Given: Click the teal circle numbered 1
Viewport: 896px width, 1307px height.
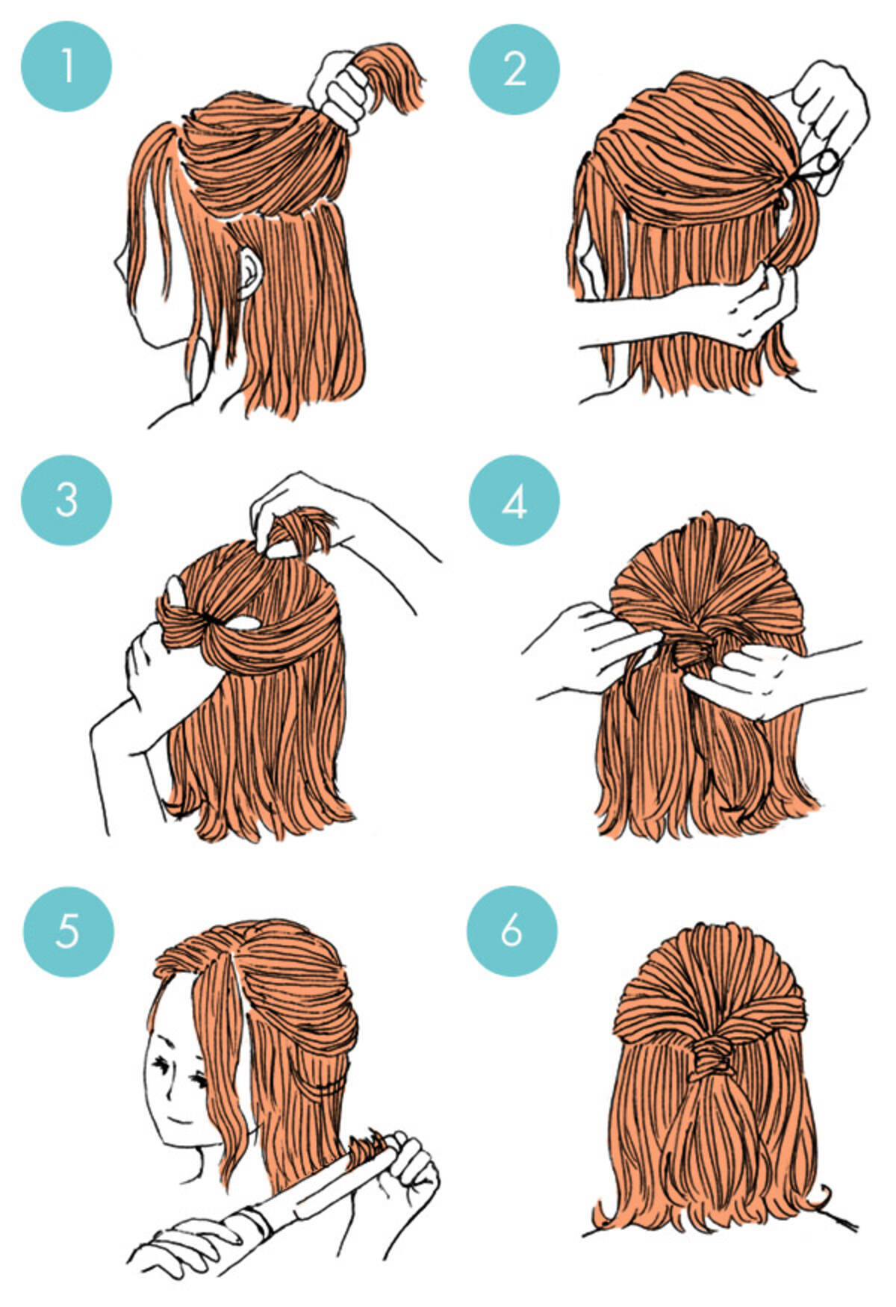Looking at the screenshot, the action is point(66,66).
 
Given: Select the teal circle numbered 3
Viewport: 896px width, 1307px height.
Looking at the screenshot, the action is point(66,500).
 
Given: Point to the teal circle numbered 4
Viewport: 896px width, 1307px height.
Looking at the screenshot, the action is point(514,500).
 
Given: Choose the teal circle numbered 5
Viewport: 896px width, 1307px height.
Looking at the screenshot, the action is point(68,931).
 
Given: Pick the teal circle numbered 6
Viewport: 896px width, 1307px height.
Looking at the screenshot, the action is point(512,931).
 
